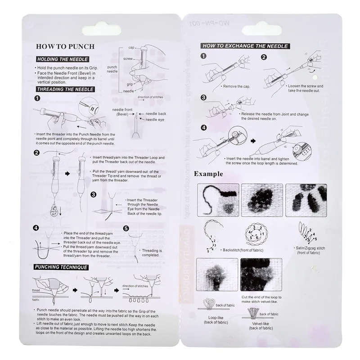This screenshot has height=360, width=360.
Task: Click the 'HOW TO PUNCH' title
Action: tap(65, 46)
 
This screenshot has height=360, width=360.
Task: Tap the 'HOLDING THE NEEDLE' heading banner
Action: tap(63, 59)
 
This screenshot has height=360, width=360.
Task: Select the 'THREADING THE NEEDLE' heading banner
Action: tap(65, 90)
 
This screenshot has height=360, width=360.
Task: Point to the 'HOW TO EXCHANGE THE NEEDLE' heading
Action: tap(245, 46)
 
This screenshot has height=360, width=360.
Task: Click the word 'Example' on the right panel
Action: tap(209, 174)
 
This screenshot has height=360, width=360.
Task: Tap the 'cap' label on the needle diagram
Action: tap(132, 47)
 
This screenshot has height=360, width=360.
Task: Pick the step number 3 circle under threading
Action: tap(94, 195)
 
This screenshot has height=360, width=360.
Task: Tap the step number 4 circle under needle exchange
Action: tap(203, 127)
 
